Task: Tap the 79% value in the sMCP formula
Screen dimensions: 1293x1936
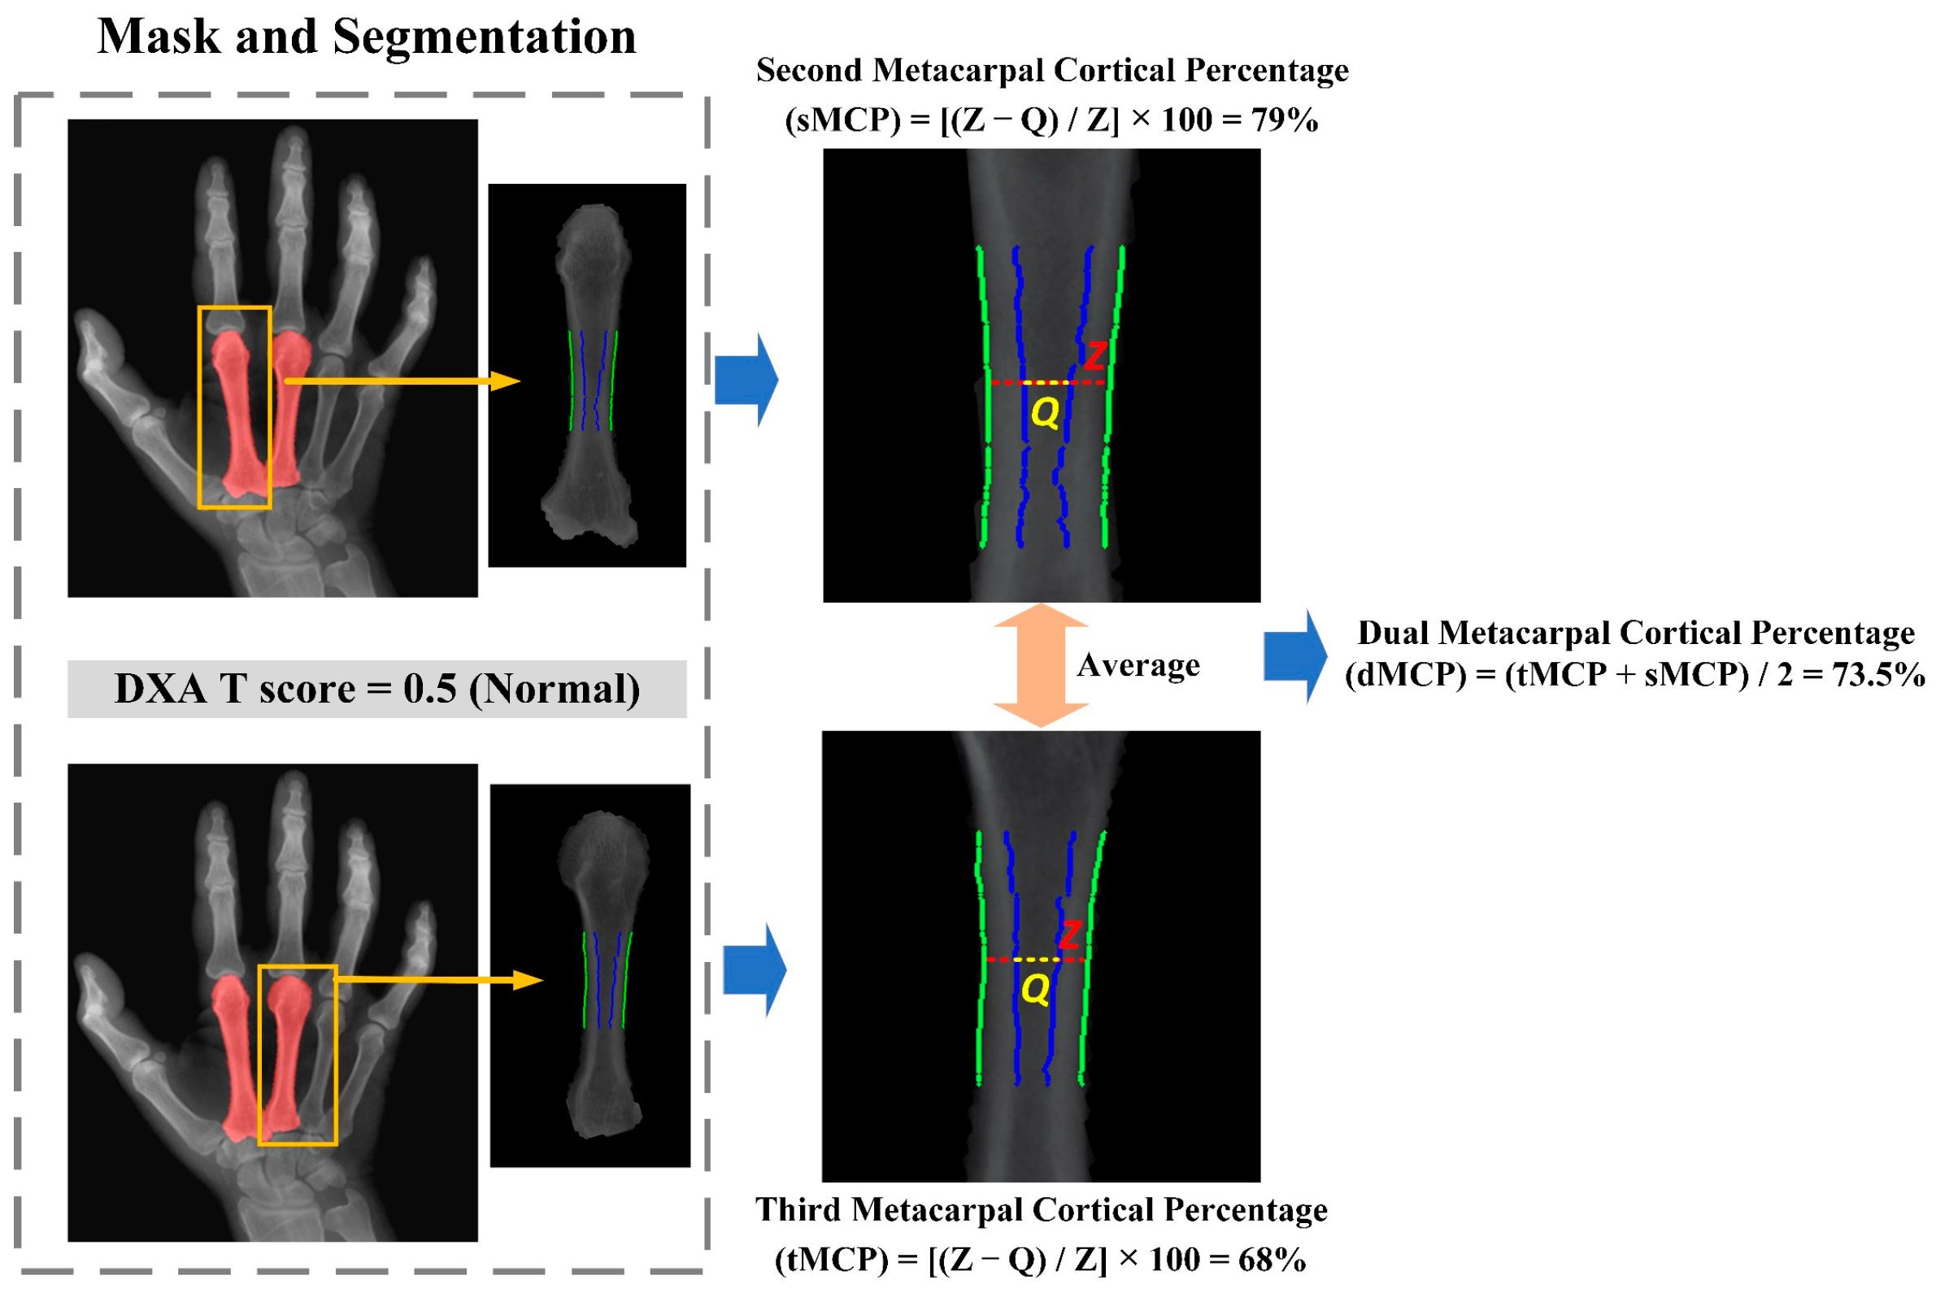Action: [1284, 120]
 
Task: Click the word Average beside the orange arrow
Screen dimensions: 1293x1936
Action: [1138, 664]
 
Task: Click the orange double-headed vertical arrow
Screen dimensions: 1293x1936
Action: [1041, 664]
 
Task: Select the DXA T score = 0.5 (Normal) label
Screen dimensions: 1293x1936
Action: [376, 689]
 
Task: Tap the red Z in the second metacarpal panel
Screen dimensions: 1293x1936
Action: [1094, 356]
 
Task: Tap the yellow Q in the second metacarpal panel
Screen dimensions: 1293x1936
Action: [1045, 411]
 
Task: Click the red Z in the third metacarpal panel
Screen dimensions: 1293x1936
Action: [1069, 935]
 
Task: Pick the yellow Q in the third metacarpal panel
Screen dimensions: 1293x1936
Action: [1035, 989]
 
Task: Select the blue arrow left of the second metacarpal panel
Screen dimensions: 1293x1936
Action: [746, 380]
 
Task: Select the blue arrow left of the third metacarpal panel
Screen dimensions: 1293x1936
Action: [755, 969]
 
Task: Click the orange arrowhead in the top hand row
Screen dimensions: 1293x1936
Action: [505, 381]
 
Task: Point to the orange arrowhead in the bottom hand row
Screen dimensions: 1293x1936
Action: [528, 981]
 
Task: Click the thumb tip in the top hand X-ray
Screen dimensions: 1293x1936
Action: [89, 324]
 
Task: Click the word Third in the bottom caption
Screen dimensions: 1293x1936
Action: [798, 1210]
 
